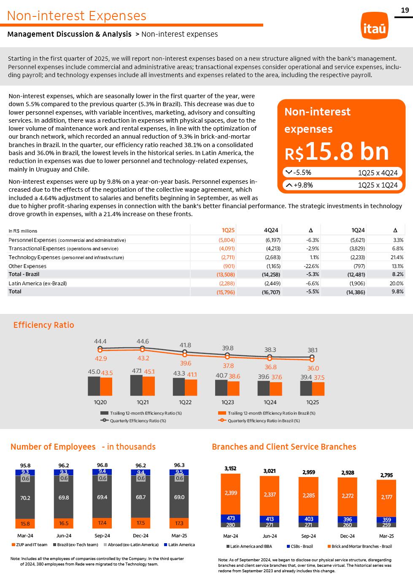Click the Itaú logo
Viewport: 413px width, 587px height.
[374, 26]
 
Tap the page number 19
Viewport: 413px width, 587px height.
[405, 11]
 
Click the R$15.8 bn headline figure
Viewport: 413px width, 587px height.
[337, 152]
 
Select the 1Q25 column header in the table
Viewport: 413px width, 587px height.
[228, 230]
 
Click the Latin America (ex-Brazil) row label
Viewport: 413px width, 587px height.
[38, 283]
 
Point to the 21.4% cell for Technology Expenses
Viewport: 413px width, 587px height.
[397, 257]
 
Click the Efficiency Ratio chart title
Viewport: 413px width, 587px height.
[43, 325]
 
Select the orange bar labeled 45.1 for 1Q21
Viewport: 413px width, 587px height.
[148, 386]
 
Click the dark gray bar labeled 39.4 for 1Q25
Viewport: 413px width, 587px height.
[306, 388]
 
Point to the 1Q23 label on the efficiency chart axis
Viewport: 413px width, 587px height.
[228, 402]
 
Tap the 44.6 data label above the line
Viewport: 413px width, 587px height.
[143, 341]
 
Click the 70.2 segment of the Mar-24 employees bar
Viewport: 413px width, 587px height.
[25, 498]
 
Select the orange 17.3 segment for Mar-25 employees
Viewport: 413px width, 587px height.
[179, 523]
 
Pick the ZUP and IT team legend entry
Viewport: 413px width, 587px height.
[29, 544]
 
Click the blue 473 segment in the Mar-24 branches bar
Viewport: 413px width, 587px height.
[231, 518]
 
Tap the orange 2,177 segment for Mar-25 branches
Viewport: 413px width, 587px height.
[386, 497]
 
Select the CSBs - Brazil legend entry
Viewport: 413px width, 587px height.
[300, 546]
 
